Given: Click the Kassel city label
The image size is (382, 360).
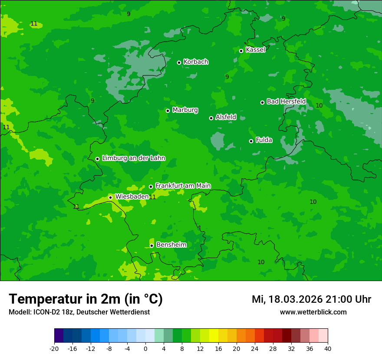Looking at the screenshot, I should pyautogui.click(x=255, y=50).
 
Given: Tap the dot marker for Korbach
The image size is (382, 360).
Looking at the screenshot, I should pyautogui.click(x=179, y=62).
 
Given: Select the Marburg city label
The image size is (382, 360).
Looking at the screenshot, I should pyautogui.click(x=185, y=110).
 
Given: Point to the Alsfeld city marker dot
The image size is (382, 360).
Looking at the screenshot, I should pyautogui.click(x=211, y=118).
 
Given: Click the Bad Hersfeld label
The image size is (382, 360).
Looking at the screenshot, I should pyautogui.click(x=286, y=101).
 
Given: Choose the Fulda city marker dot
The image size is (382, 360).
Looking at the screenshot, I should pyautogui.click(x=251, y=141).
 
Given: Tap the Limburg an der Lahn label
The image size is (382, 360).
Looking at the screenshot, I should pyautogui.click(x=133, y=158).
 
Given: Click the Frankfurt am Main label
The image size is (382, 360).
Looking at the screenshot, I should pyautogui.click(x=183, y=186).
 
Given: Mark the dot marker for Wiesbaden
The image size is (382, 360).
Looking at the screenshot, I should pyautogui.click(x=110, y=197).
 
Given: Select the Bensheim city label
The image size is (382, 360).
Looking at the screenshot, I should pyautogui.click(x=171, y=245).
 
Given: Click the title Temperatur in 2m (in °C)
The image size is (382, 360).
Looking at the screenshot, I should pyautogui.click(x=86, y=299).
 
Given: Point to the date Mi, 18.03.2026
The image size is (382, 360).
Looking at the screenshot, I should pyautogui.click(x=287, y=299).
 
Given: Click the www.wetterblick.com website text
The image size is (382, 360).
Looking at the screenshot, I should pyautogui.click(x=313, y=312).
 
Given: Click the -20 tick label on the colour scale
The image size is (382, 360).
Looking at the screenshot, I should pyautogui.click(x=54, y=349).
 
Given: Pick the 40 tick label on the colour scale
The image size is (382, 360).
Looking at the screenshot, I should pyautogui.click(x=328, y=349).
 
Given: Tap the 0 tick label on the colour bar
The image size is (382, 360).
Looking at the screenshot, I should pyautogui.click(x=145, y=349).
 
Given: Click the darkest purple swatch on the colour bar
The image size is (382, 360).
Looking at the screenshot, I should pyautogui.click(x=59, y=336).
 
